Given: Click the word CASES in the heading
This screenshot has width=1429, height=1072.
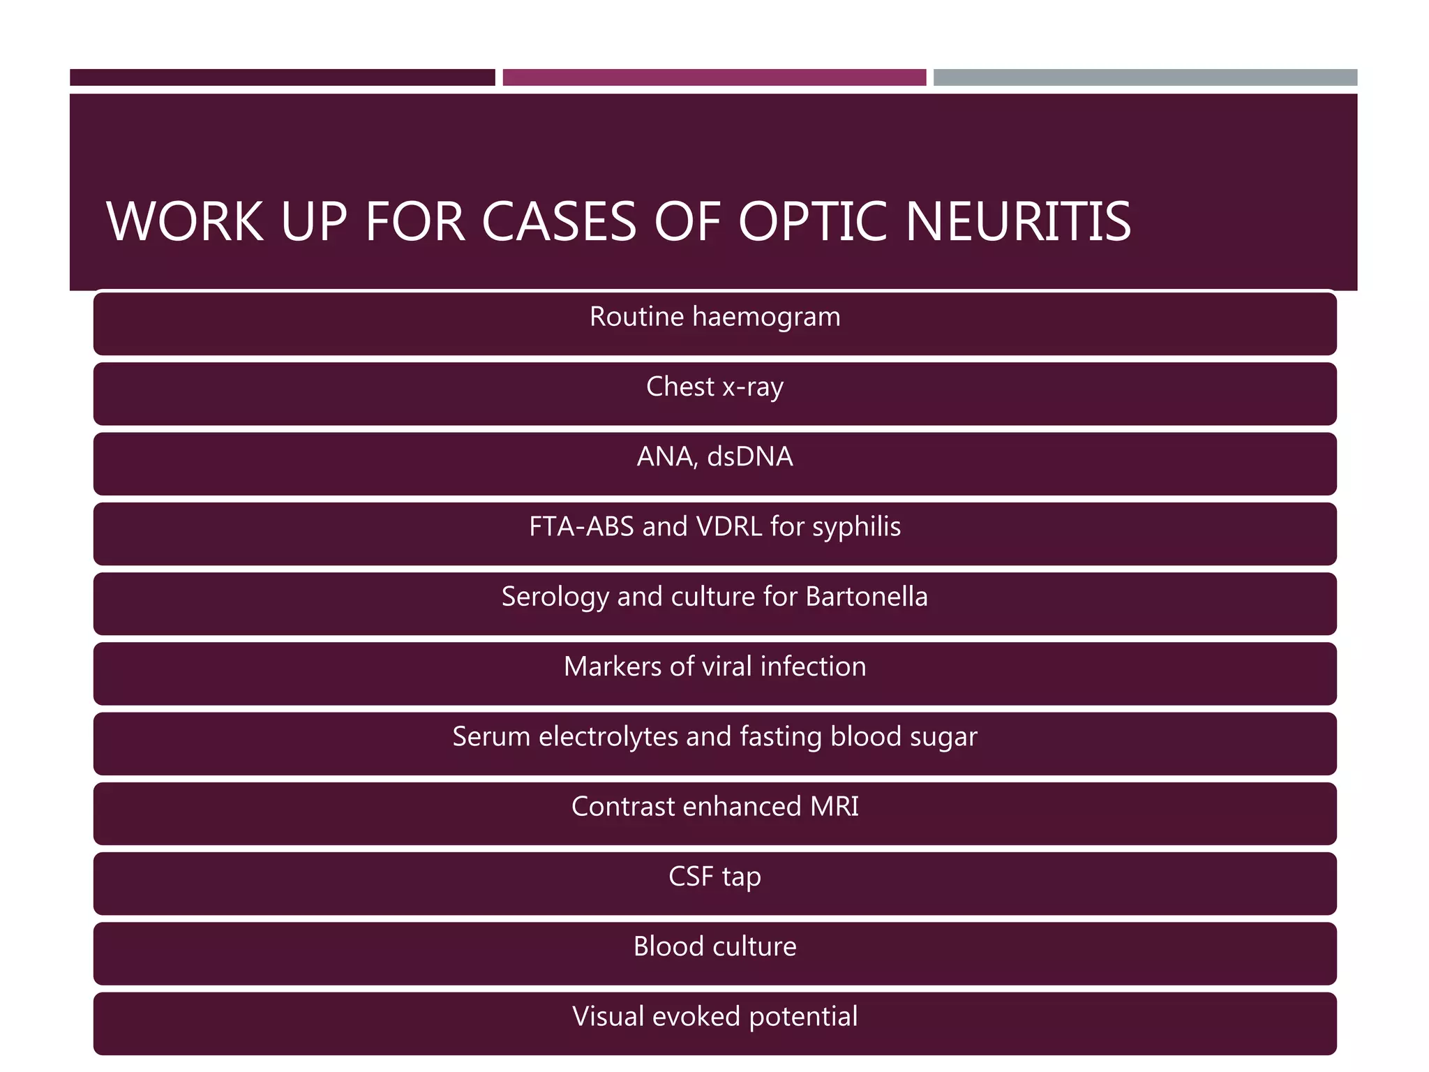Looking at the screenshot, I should click(559, 222).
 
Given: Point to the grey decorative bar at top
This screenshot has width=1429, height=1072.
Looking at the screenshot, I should click(1145, 77).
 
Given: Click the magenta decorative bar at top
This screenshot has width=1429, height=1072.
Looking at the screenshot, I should click(714, 77).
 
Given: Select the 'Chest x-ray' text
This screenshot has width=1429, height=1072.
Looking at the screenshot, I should click(714, 387).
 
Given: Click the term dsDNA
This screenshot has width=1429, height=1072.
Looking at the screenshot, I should click(750, 456).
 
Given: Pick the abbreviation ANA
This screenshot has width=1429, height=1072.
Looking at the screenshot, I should click(666, 456).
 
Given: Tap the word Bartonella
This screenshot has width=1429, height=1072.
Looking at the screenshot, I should click(867, 597).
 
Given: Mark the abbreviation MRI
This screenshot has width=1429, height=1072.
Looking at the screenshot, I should click(834, 807).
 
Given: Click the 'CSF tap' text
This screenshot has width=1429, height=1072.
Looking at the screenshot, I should click(714, 877).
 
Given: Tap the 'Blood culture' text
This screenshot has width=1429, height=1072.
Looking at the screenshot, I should click(714, 946).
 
